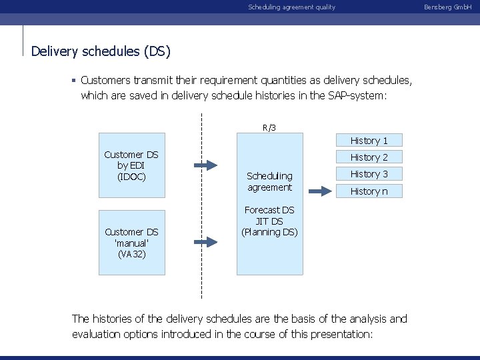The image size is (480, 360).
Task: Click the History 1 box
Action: [x=369, y=141]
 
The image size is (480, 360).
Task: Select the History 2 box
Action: [x=369, y=157]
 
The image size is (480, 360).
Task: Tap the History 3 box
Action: [x=369, y=174]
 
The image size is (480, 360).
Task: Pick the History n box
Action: [x=369, y=191]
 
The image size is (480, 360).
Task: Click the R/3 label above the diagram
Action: [x=269, y=127]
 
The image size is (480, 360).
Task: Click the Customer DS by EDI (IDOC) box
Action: [x=131, y=165]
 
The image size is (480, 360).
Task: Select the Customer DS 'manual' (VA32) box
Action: [x=131, y=243]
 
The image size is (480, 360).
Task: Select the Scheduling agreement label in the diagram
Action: [x=269, y=181]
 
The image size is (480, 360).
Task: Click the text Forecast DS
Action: [x=269, y=210]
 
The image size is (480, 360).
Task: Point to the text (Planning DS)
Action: [x=269, y=232]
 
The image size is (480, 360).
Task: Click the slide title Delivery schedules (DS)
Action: [x=101, y=51]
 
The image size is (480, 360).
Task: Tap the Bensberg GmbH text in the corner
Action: [x=457, y=7]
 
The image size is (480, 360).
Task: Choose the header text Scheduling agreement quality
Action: [x=291, y=7]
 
